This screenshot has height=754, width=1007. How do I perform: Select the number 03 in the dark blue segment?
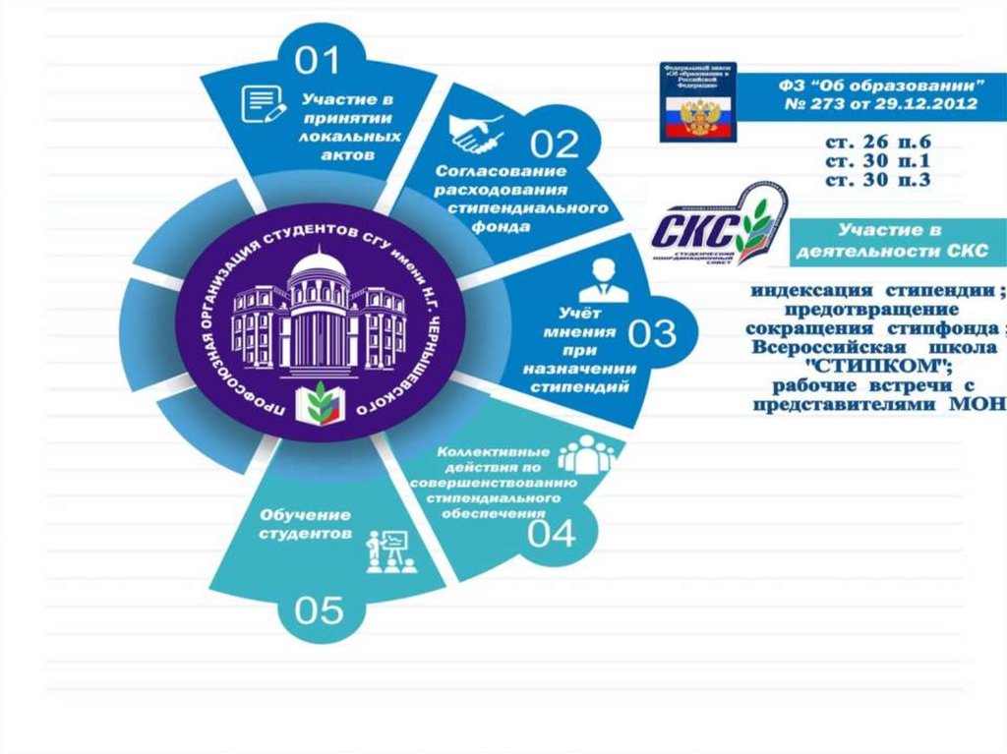point(652,333)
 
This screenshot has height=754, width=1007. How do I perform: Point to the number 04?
point(551,532)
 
